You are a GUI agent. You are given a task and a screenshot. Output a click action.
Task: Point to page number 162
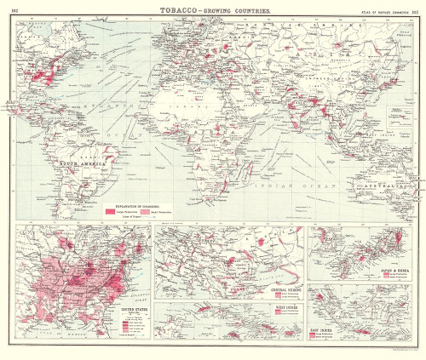[14, 8]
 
